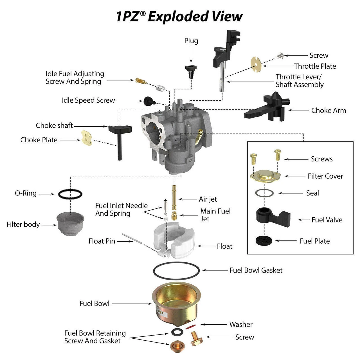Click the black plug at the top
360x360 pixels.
[x=191, y=71]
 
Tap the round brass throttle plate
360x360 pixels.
[x=256, y=64]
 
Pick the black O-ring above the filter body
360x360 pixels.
[x=70, y=194]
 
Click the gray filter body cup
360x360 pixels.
[x=70, y=224]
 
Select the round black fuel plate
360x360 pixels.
[x=264, y=241]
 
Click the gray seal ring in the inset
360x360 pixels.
[x=264, y=193]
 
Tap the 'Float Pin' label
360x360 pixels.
[x=102, y=241]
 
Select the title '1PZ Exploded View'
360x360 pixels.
[x=179, y=16]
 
